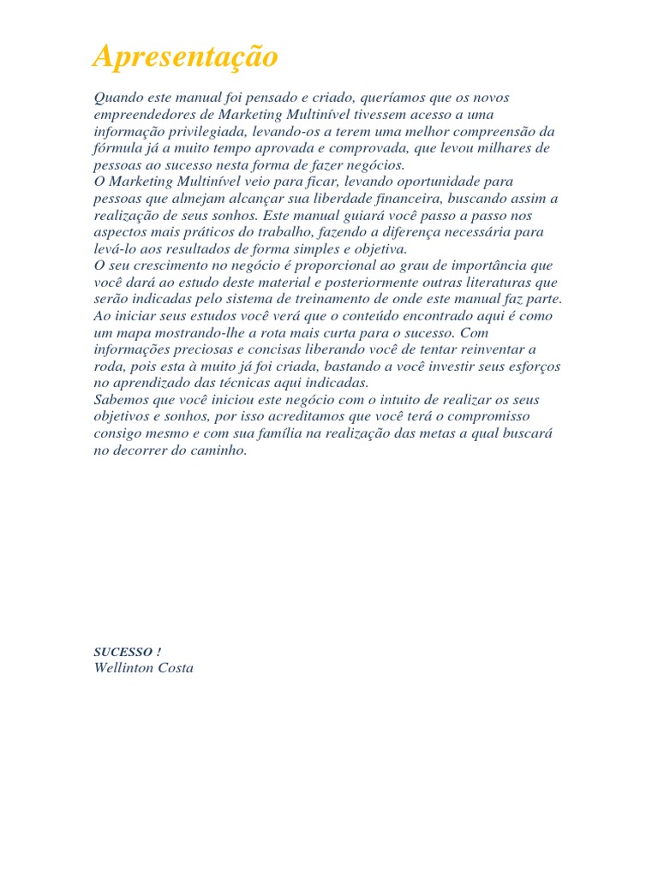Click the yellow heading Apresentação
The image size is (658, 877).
[186, 57]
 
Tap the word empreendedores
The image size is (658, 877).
[143, 115]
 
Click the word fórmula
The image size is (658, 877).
[117, 149]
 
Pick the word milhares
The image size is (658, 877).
[499, 149]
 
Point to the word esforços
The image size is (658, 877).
[533, 366]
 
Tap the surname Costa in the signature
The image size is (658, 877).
[174, 668]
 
